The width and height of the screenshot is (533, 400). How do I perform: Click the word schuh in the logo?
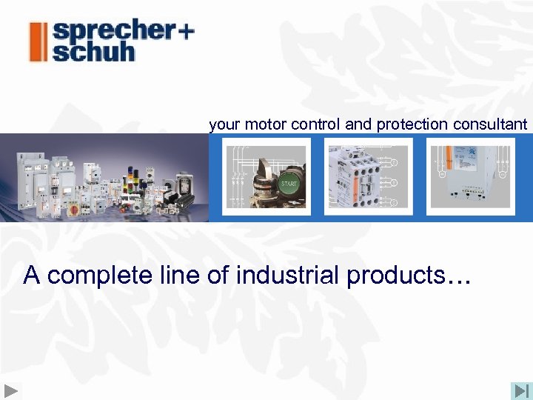pyautogui.click(x=93, y=52)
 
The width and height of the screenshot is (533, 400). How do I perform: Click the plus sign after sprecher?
pyautogui.click(x=186, y=32)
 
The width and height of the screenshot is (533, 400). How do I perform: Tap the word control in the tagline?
pyautogui.click(x=316, y=124)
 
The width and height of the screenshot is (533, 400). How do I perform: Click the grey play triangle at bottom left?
pyautogui.click(x=12, y=390)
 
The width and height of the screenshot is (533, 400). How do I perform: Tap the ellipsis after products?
pyautogui.click(x=459, y=280)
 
